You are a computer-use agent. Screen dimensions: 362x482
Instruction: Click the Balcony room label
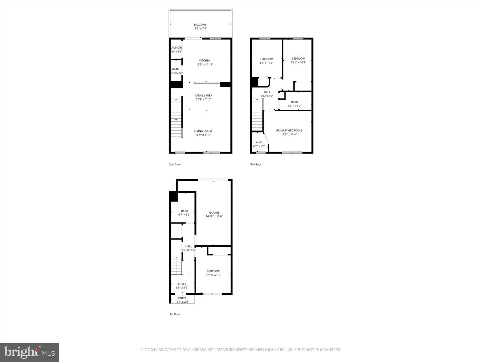coord(200,25)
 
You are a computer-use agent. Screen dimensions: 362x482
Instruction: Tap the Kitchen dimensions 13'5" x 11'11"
coord(205,64)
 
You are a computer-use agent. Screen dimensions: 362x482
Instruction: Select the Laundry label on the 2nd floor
coord(176,48)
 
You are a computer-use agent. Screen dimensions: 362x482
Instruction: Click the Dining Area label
coord(204,96)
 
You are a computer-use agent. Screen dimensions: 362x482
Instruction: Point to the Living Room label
coord(203,131)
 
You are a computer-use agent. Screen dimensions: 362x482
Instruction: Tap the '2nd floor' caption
coord(175,164)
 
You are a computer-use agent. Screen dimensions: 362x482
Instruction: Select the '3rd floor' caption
coord(255,164)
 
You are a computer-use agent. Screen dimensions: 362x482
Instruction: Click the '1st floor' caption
coord(174,314)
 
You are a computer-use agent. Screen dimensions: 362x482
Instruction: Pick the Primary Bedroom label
coord(289,130)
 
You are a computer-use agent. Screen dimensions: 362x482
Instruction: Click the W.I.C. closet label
coord(259,142)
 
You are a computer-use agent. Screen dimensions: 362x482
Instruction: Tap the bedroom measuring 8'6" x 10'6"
coord(266,61)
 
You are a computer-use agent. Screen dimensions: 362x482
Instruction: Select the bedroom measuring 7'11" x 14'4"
coord(298,60)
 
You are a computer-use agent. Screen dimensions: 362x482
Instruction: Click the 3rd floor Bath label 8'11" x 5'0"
coord(294,104)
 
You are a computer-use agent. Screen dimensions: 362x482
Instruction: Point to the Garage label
coord(214,213)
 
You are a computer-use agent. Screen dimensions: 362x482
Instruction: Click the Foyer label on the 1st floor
coord(182,284)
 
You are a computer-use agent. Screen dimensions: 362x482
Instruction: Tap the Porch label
coord(183,298)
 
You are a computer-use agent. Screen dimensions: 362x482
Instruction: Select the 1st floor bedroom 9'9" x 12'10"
coord(213,273)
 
